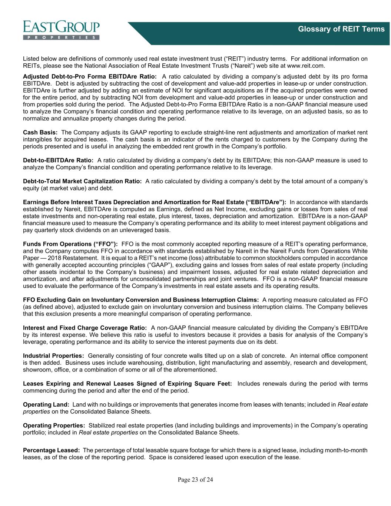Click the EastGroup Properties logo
61,30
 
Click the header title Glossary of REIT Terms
341,29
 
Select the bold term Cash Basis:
40,132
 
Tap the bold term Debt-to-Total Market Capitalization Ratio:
82,181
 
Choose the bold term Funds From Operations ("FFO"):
70,244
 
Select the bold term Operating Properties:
54,426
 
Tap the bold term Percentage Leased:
52,450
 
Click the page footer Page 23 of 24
195,480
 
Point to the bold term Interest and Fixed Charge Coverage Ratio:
85,328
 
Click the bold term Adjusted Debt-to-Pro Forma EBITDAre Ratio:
90,76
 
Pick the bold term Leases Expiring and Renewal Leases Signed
127,384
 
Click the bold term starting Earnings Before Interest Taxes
154,202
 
